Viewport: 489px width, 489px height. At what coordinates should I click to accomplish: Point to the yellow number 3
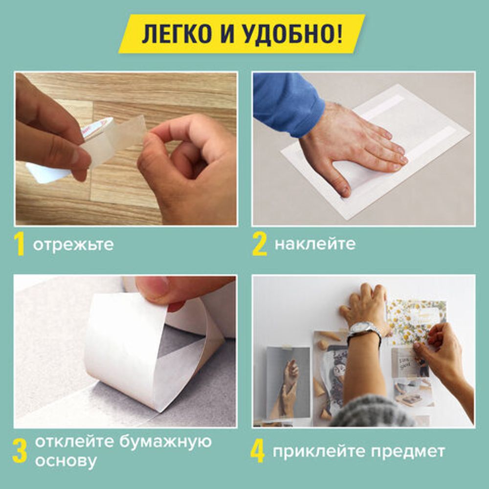click(20, 452)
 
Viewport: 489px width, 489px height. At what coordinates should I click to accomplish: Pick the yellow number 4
click(258, 452)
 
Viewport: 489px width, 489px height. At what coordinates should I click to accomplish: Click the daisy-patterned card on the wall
click(416, 318)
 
